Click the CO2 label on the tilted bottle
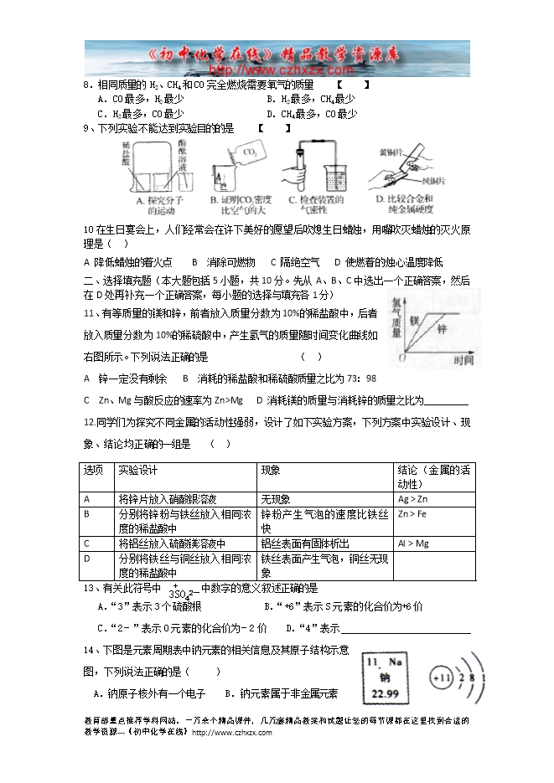[250, 153]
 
